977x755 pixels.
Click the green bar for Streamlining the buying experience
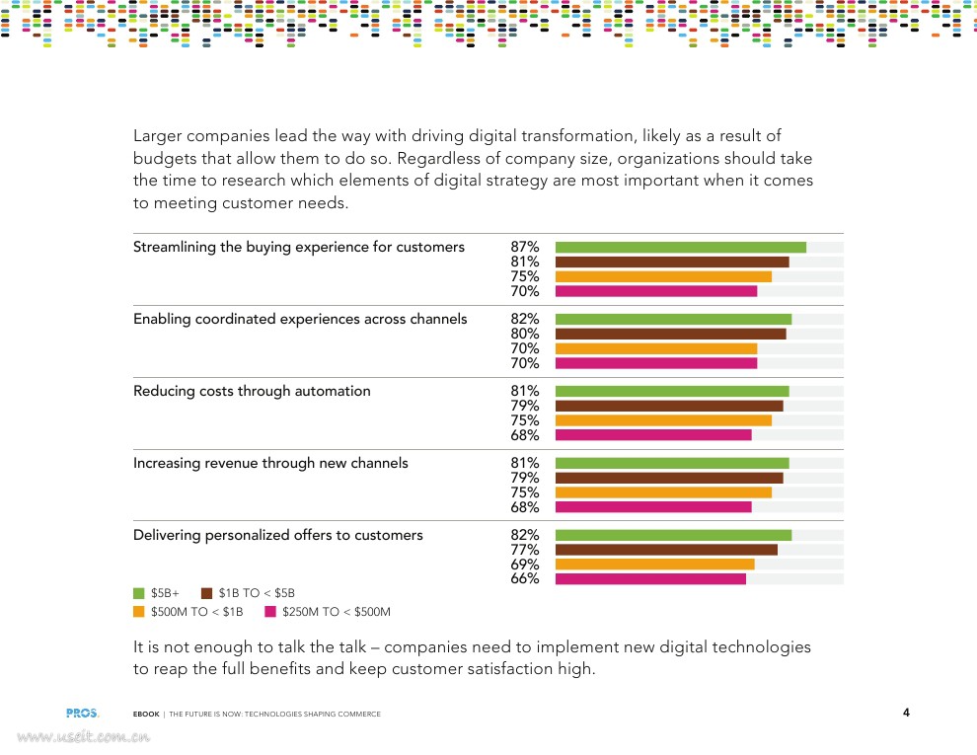point(681,247)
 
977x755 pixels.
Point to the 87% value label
point(525,247)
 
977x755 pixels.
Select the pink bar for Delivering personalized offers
point(650,578)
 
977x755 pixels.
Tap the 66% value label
point(525,579)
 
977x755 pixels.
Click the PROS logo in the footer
point(82,713)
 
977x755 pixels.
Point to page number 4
point(906,713)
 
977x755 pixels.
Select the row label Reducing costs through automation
point(252,391)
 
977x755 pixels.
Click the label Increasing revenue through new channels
point(270,463)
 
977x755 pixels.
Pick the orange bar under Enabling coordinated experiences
point(656,348)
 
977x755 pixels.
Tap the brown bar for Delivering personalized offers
point(666,550)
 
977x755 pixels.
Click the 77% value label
point(525,550)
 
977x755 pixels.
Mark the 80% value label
point(525,334)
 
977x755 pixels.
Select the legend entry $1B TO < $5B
point(248,593)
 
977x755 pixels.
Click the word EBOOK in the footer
point(146,714)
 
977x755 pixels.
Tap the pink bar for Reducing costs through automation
point(653,435)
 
